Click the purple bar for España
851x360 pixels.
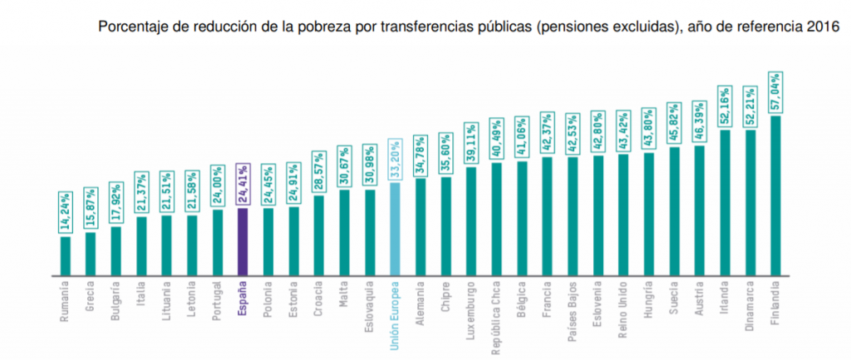point(243,241)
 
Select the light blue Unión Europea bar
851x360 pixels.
point(396,229)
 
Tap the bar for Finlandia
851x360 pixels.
point(775,195)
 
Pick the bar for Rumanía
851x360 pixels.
point(66,255)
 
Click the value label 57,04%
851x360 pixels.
point(775,93)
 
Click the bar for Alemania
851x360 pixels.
point(421,227)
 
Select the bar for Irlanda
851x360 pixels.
point(725,202)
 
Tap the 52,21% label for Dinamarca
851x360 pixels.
point(750,107)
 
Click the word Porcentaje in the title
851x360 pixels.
point(132,27)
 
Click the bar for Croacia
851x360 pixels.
point(319,235)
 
